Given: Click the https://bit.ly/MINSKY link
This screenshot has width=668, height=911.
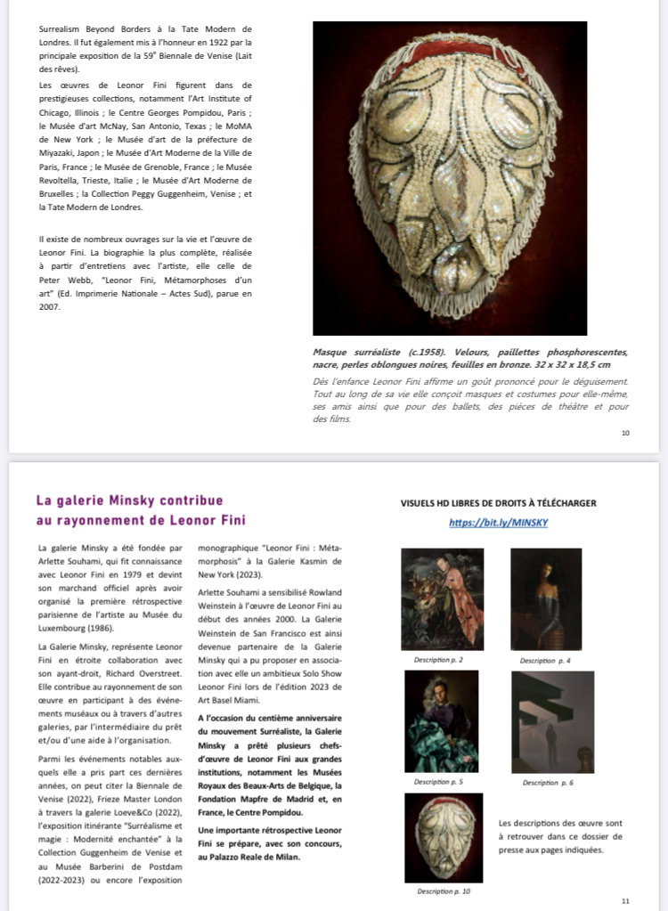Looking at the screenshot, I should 498,523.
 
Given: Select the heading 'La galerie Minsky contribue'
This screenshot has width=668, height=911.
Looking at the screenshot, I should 129,500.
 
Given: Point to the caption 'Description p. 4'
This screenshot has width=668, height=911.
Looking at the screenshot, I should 545,661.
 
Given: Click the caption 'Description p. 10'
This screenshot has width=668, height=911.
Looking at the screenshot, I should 443,891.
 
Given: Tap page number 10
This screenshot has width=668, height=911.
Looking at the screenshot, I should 625,433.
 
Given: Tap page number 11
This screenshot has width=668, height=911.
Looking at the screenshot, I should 625,901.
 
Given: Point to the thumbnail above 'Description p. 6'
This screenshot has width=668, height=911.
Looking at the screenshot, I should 552,721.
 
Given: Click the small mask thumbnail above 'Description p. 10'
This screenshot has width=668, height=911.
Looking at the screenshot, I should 443,837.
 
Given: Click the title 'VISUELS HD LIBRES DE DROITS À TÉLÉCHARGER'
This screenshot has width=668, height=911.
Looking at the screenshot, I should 498,503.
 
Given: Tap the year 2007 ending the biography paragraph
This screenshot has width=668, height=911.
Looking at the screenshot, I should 50,306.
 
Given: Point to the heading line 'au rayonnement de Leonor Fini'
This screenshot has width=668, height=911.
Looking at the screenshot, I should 141,520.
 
